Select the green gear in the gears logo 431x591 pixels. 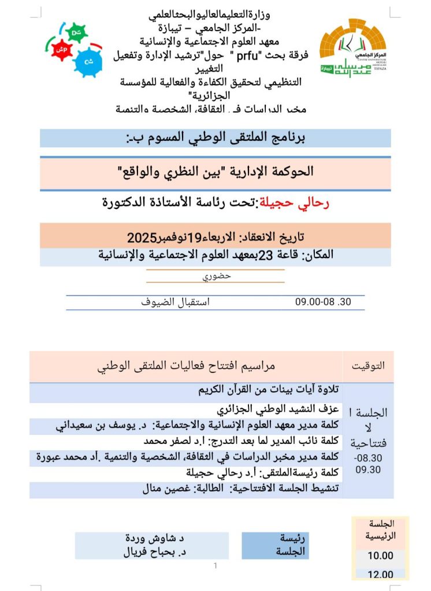pos(76,32)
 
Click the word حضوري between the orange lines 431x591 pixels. pos(216,276)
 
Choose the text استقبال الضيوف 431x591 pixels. pos(176,302)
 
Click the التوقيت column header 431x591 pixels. pos(368,366)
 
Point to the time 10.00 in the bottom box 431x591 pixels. pos(380,556)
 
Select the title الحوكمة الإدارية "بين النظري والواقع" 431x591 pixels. pos(216,171)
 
